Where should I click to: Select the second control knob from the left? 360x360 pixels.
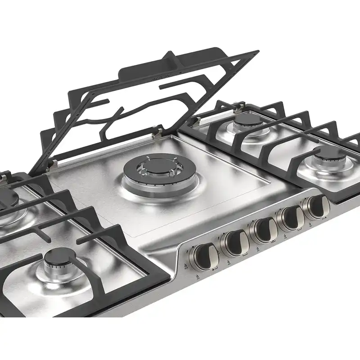coord(235,243)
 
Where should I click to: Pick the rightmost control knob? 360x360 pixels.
coord(316,207)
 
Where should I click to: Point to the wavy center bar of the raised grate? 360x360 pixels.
coord(130,112)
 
